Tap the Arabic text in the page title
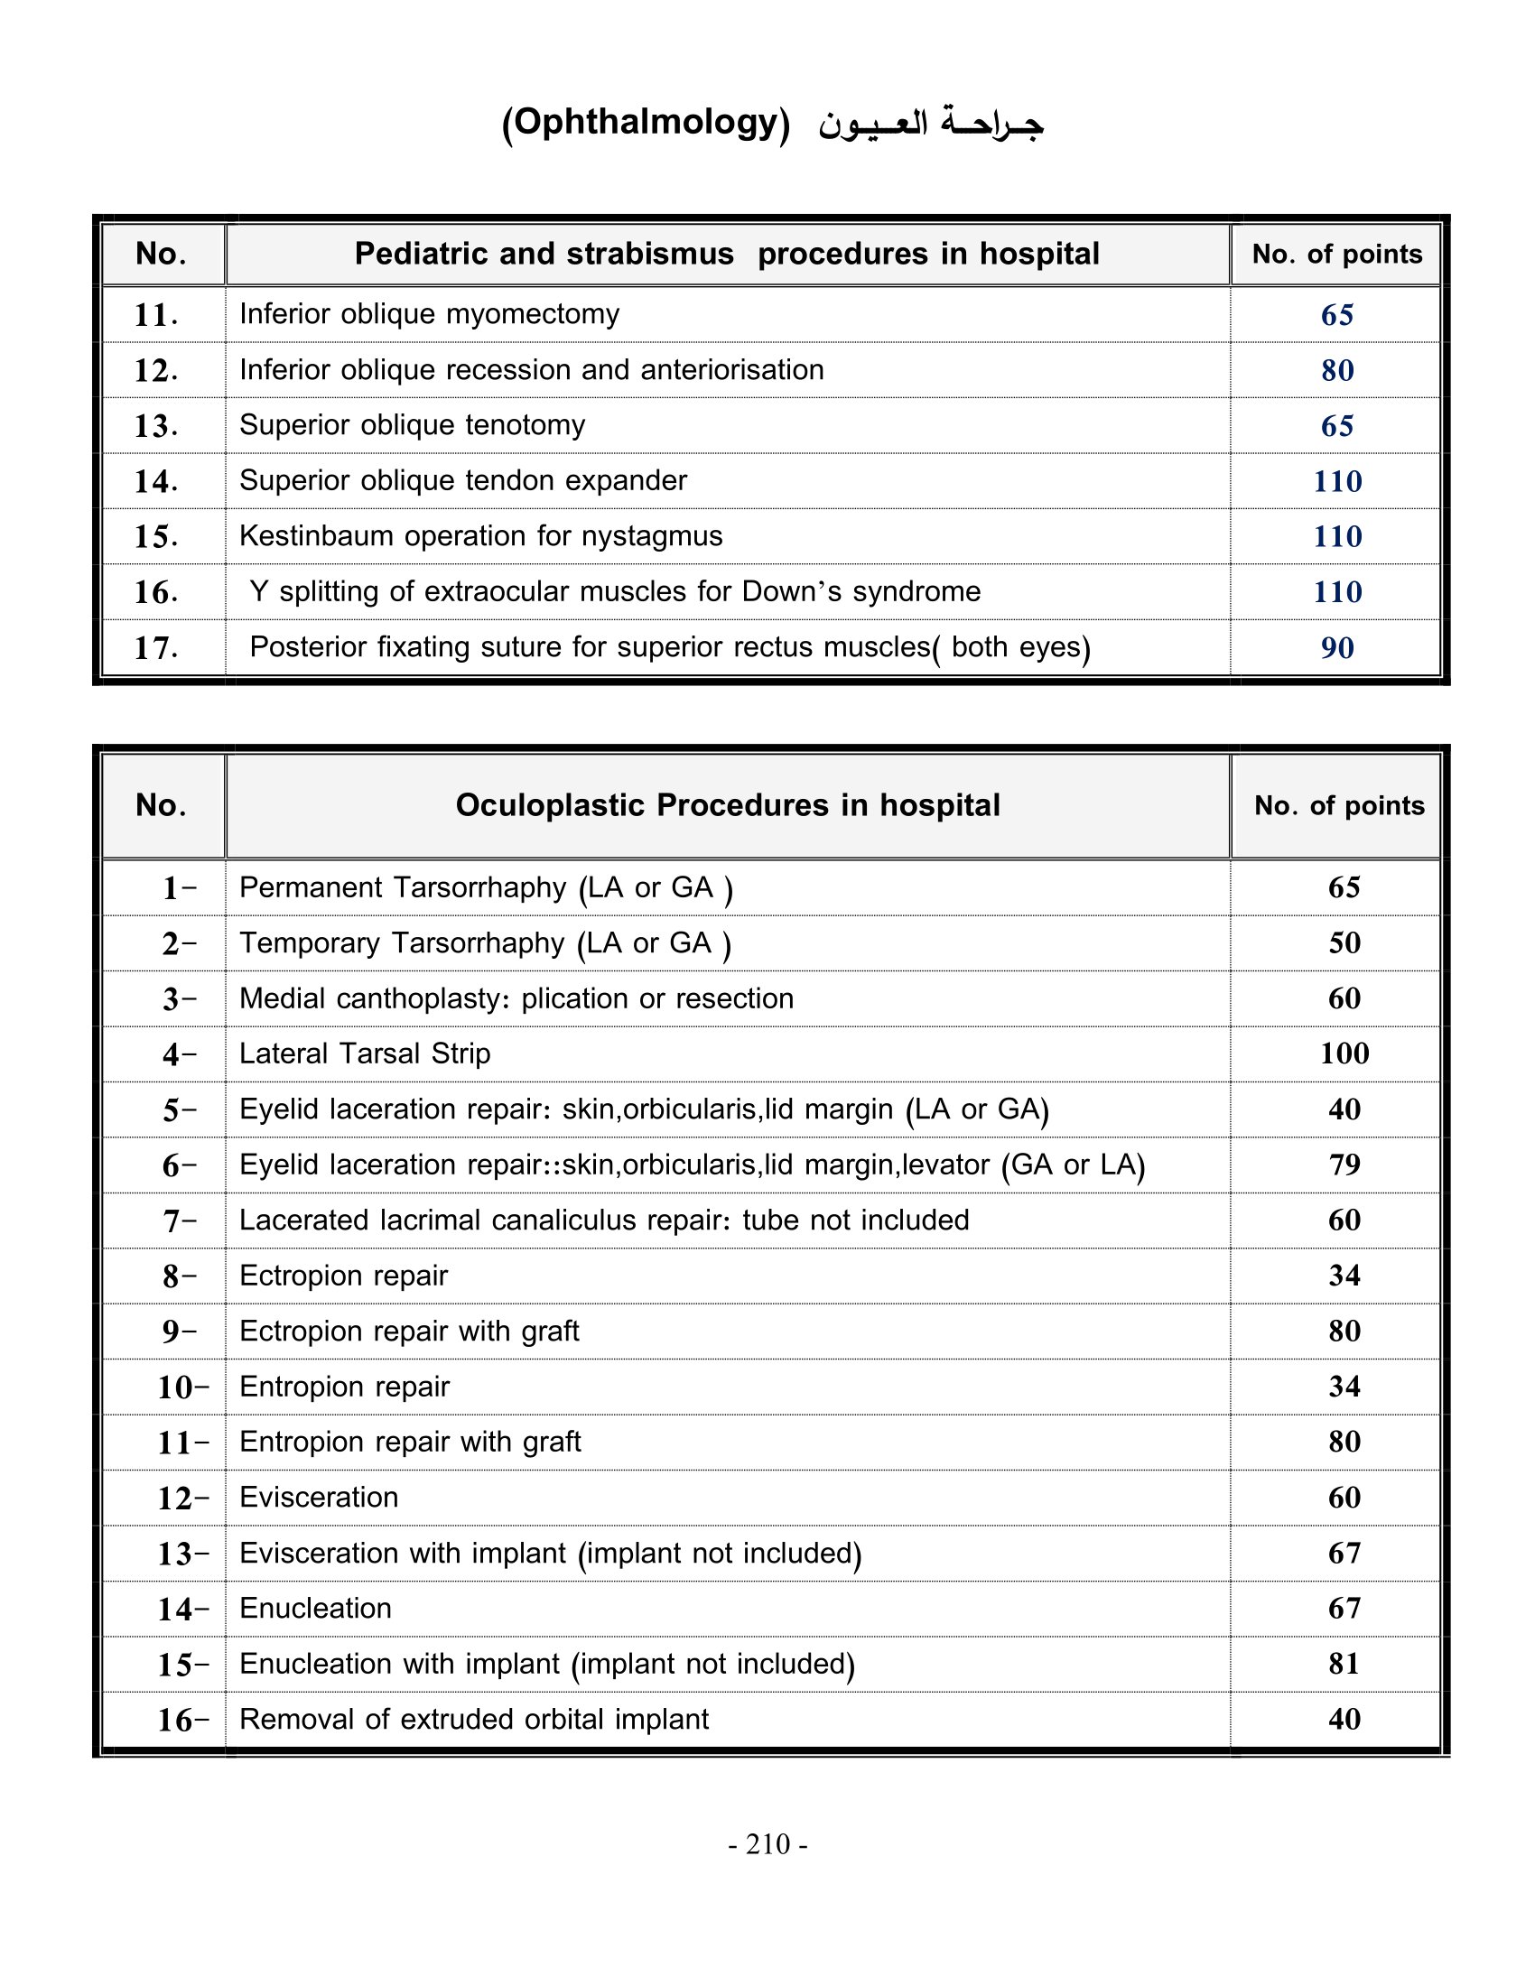[x=930, y=124]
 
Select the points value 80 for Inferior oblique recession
[x=1336, y=370]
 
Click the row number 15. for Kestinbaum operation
[x=155, y=536]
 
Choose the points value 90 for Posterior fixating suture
[x=1336, y=647]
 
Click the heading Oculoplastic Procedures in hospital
[x=728, y=805]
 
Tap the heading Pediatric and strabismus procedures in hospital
[x=727, y=254]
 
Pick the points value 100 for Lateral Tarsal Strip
[x=1344, y=1053]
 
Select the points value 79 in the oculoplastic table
[x=1344, y=1164]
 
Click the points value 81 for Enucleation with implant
[x=1344, y=1663]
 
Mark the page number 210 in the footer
[x=768, y=1843]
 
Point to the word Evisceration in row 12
[x=318, y=1498]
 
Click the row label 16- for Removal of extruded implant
[x=182, y=1720]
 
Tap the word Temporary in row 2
[x=309, y=943]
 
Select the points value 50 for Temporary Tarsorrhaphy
[x=1344, y=942]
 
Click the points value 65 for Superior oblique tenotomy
[x=1336, y=425]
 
